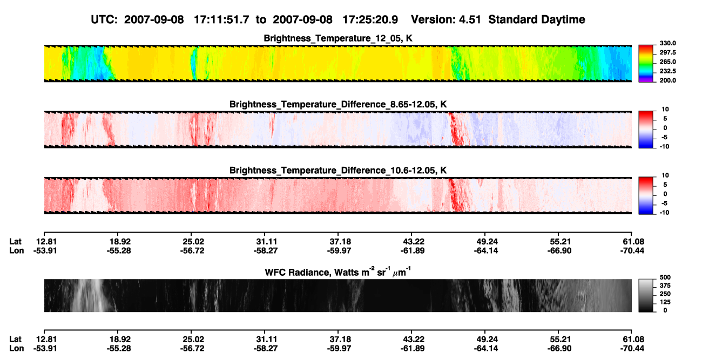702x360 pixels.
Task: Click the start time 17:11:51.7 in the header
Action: click(221, 20)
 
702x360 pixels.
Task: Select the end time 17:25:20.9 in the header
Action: click(370, 20)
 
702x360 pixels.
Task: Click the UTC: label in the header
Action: click(104, 20)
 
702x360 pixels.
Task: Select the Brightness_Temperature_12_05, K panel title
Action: click(338, 38)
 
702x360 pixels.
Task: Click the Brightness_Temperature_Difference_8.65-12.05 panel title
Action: click(338, 104)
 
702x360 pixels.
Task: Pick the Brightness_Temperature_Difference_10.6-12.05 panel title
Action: click(338, 171)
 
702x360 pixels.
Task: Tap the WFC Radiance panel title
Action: click(338, 272)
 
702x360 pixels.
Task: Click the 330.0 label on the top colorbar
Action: click(667, 43)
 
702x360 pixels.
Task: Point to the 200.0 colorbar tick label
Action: click(667, 80)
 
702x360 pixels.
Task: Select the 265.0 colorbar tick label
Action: click(667, 62)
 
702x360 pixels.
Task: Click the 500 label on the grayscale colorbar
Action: click(665, 277)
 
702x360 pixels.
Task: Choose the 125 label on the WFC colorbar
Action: click(665, 302)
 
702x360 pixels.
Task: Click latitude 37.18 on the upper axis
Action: click(339, 242)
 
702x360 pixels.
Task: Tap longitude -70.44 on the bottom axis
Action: click(632, 349)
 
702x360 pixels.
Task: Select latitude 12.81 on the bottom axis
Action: click(45, 339)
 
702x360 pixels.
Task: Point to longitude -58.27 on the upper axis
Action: click(266, 250)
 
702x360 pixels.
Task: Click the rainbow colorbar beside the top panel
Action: click(646, 64)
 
